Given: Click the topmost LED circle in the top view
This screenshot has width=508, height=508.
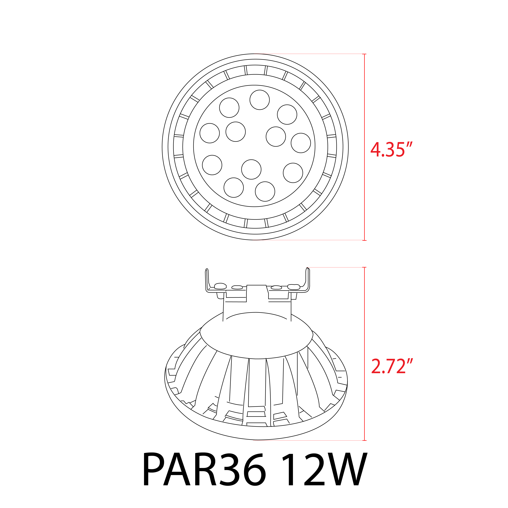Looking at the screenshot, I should (260, 100).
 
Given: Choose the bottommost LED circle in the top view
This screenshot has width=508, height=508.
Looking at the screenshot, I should (265, 191).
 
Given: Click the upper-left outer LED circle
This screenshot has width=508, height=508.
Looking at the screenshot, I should (229, 108).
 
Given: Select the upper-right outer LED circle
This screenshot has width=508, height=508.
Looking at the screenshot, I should (287, 115).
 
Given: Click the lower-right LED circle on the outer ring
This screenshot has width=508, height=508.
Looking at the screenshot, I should (293, 173).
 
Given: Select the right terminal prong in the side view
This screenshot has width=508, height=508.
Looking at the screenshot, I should (308, 279).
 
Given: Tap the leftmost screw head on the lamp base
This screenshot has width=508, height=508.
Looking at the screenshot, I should (220, 286).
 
